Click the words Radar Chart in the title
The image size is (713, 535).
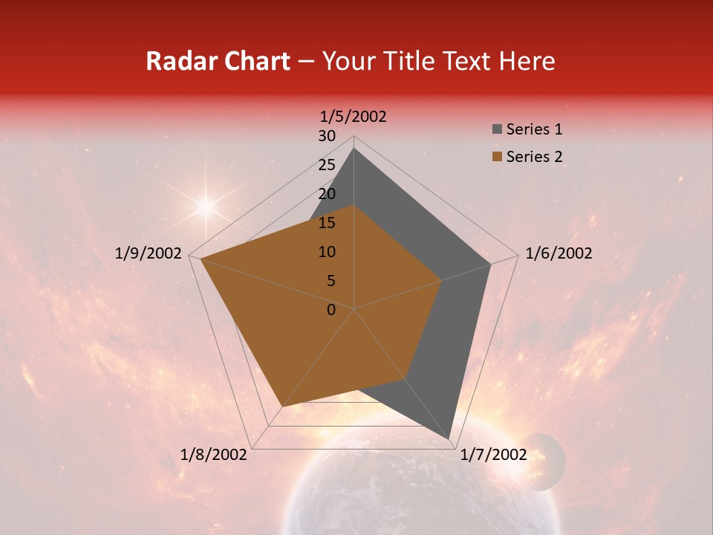tap(218, 61)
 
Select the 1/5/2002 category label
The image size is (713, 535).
tap(354, 117)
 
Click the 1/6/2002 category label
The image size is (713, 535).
tap(559, 253)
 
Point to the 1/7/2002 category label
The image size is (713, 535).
tap(493, 455)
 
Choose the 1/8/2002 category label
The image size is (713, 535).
tap(214, 455)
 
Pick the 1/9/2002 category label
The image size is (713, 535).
tap(149, 253)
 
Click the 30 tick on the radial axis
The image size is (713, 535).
tap(327, 136)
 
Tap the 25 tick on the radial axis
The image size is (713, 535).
tap(327, 165)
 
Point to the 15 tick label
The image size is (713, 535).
tap(327, 223)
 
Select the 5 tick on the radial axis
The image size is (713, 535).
tap(331, 281)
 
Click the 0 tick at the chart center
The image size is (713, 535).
tap(331, 310)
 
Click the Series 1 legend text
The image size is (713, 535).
tap(534, 129)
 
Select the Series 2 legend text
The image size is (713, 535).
tap(534, 157)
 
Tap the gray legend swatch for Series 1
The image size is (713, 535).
tap(496, 129)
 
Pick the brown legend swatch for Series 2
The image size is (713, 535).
tap(496, 157)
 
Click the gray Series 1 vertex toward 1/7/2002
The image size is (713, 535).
tap(450, 440)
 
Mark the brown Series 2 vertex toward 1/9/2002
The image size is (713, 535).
tap(201, 259)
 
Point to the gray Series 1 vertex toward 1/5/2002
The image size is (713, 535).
tap(354, 149)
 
